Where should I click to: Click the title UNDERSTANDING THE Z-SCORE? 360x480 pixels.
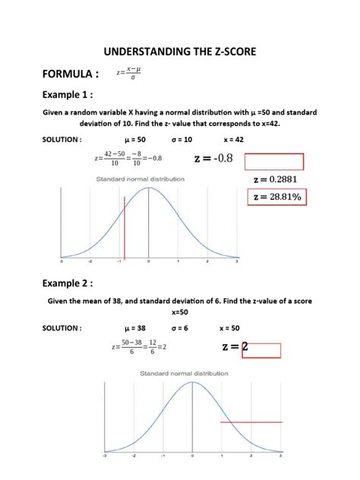(x=180, y=52)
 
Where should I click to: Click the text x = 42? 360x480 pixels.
(x=234, y=140)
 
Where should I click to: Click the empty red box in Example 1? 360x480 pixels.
(x=274, y=161)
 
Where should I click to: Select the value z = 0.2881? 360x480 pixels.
(x=273, y=179)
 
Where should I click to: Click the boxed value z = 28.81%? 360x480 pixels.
(x=276, y=197)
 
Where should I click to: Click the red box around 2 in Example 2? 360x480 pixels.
(x=261, y=349)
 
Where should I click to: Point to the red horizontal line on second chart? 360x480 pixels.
(x=251, y=422)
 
